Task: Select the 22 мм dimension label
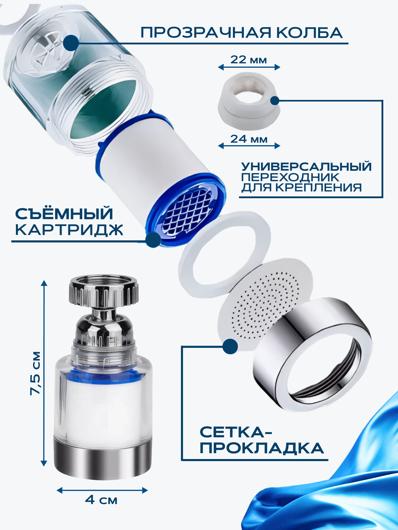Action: point(249,60)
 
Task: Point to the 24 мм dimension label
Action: point(249,139)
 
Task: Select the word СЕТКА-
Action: point(236,432)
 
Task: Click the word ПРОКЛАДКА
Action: point(262,448)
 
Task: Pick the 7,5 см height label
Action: point(36,373)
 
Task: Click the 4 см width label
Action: point(101,500)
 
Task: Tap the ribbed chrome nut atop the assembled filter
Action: point(103,292)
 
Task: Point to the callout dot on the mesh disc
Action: point(230,346)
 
